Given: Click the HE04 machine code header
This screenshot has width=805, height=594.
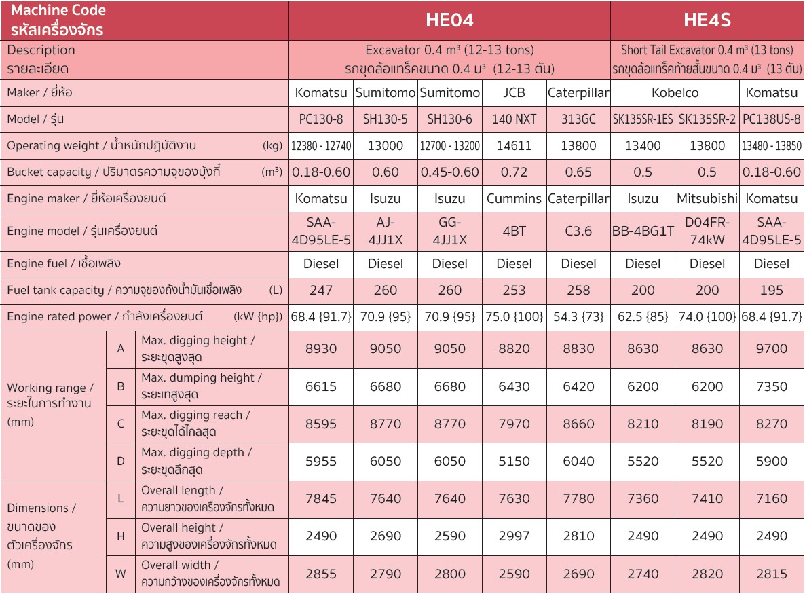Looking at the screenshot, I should point(449,20).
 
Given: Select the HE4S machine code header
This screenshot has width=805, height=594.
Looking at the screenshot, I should point(707,20).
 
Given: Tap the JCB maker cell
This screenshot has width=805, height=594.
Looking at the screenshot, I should point(514,93).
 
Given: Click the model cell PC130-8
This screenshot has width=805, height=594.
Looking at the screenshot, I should point(320,119).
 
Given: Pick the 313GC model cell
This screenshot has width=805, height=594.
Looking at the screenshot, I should point(578,119).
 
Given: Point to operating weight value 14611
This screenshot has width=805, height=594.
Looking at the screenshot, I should point(514,146).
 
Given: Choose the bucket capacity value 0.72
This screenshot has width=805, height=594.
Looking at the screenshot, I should point(514,172).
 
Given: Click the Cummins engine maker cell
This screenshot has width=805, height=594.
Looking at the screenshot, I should point(514,199).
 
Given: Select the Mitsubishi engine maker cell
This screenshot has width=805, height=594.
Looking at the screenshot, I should point(707,199).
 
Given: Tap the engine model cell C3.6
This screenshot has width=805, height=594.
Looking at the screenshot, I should point(578,231).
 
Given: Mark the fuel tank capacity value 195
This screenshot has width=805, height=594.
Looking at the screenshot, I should point(771,291).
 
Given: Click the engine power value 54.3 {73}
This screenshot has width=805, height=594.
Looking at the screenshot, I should point(578,317).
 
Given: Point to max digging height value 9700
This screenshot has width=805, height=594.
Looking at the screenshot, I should point(771,349).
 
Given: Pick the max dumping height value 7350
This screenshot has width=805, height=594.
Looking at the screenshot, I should point(771,387).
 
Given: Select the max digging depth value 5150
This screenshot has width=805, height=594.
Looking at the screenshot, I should point(514,462).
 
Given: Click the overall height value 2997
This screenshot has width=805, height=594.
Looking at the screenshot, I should point(514,536).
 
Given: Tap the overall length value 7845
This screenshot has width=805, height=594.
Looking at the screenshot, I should point(320,499).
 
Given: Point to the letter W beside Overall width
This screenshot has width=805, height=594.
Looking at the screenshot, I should point(121,574).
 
